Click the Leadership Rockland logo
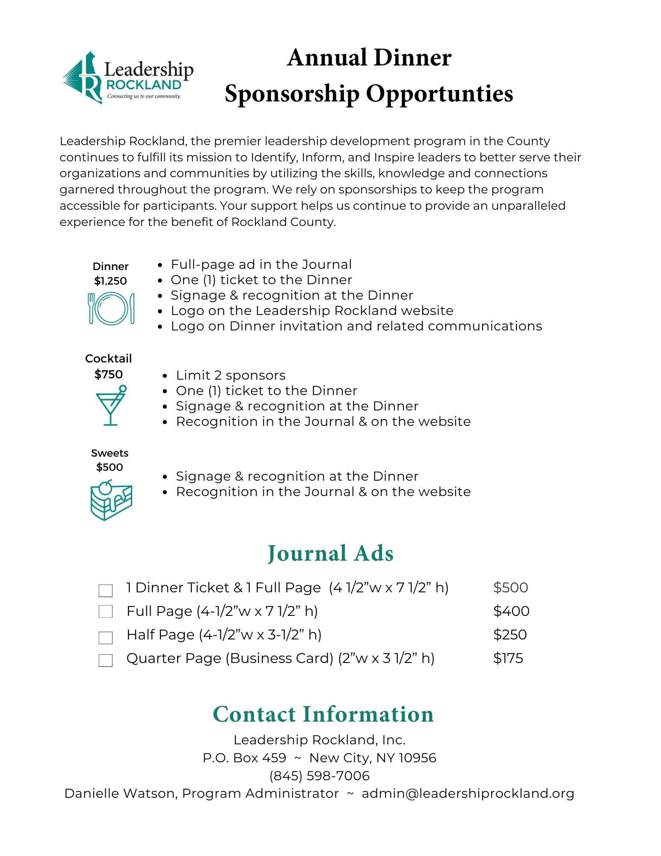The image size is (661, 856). (128, 78)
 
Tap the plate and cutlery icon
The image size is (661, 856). (111, 308)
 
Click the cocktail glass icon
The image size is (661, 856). (111, 405)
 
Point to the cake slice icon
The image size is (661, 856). (111, 500)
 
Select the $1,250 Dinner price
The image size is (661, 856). (110, 281)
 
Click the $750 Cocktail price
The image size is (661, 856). (109, 374)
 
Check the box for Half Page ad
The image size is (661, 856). (106, 637)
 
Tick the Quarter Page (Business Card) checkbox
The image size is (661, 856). (106, 660)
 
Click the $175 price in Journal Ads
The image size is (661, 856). (508, 658)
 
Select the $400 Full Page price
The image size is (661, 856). (511, 611)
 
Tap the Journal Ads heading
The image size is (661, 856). (330, 553)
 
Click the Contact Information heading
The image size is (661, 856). (323, 714)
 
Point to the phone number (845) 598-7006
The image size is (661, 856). (320, 776)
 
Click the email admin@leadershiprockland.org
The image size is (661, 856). (468, 794)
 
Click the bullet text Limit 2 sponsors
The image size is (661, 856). (231, 375)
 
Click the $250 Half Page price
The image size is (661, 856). (510, 634)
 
